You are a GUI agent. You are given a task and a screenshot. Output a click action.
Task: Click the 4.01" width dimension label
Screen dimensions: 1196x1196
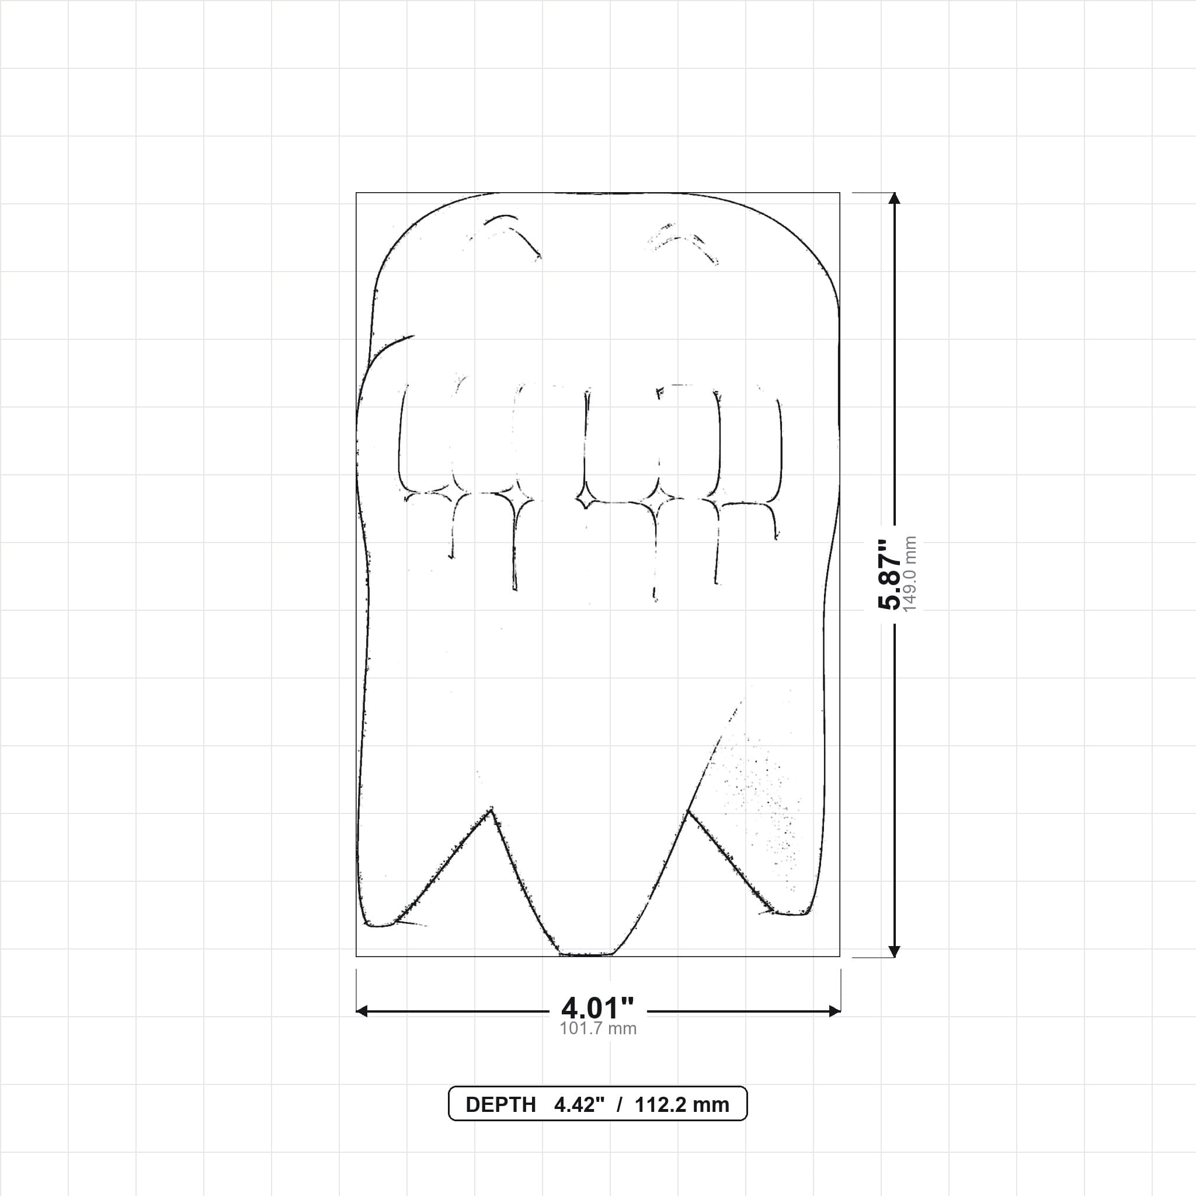[x=598, y=1009]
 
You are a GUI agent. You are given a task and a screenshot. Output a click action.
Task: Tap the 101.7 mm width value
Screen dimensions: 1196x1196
[x=598, y=1029]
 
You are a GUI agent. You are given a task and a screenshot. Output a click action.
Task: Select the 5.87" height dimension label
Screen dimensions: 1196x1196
[x=891, y=575]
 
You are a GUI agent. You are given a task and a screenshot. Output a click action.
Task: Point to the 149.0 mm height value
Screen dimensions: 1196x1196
[x=910, y=575]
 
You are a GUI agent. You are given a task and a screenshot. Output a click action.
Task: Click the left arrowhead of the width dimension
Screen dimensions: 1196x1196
[x=362, y=1011]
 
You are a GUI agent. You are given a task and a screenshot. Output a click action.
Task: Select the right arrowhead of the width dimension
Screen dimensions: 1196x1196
[x=835, y=1011]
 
